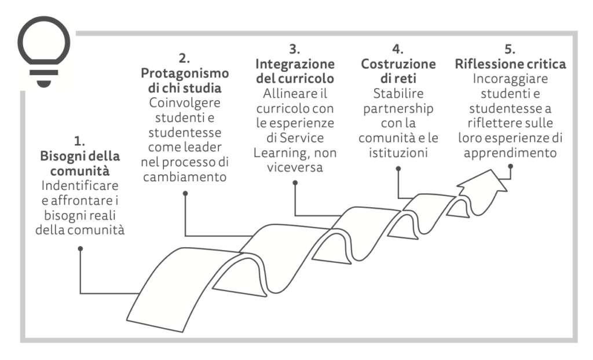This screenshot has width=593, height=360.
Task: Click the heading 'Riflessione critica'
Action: [510, 64]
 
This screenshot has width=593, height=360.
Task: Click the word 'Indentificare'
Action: [80, 188]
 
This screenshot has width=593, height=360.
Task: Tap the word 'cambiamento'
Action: [185, 176]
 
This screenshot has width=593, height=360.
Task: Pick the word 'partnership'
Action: [398, 108]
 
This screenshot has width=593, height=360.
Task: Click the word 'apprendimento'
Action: [510, 153]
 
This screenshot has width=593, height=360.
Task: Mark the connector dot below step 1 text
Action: [80, 248]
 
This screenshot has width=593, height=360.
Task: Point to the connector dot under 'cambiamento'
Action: [185, 193]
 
